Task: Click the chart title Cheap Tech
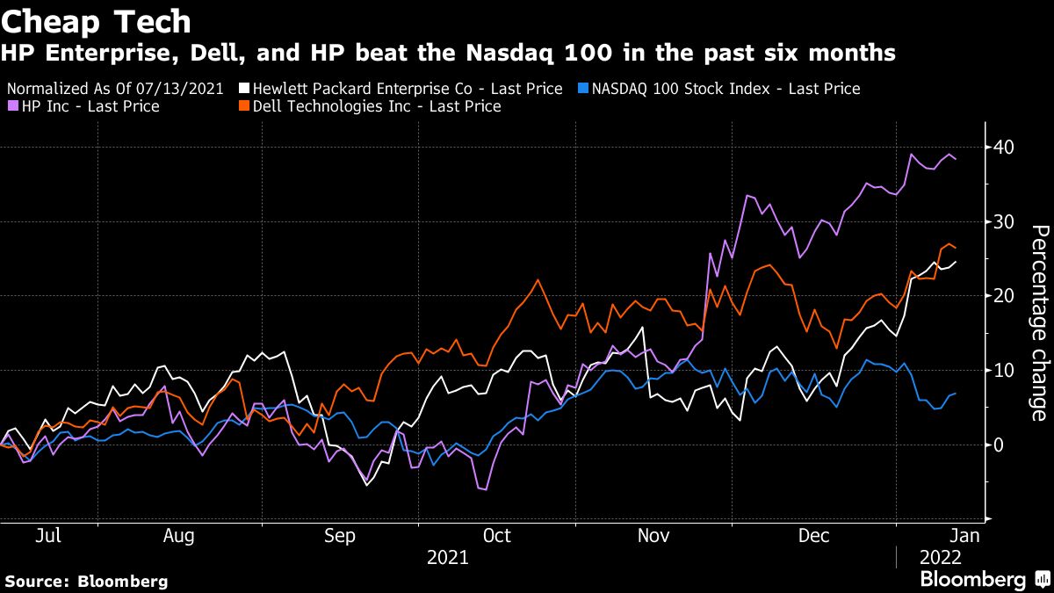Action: click(x=96, y=19)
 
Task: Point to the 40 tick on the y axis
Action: click(x=1000, y=148)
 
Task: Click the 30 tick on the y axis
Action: click(x=1000, y=222)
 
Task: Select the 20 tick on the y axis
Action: click(x=1000, y=297)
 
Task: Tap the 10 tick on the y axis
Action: click(x=1000, y=371)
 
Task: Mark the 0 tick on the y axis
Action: click(x=996, y=445)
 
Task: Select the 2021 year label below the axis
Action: click(x=447, y=557)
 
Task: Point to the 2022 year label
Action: click(x=941, y=557)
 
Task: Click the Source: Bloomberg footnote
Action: click(x=85, y=581)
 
